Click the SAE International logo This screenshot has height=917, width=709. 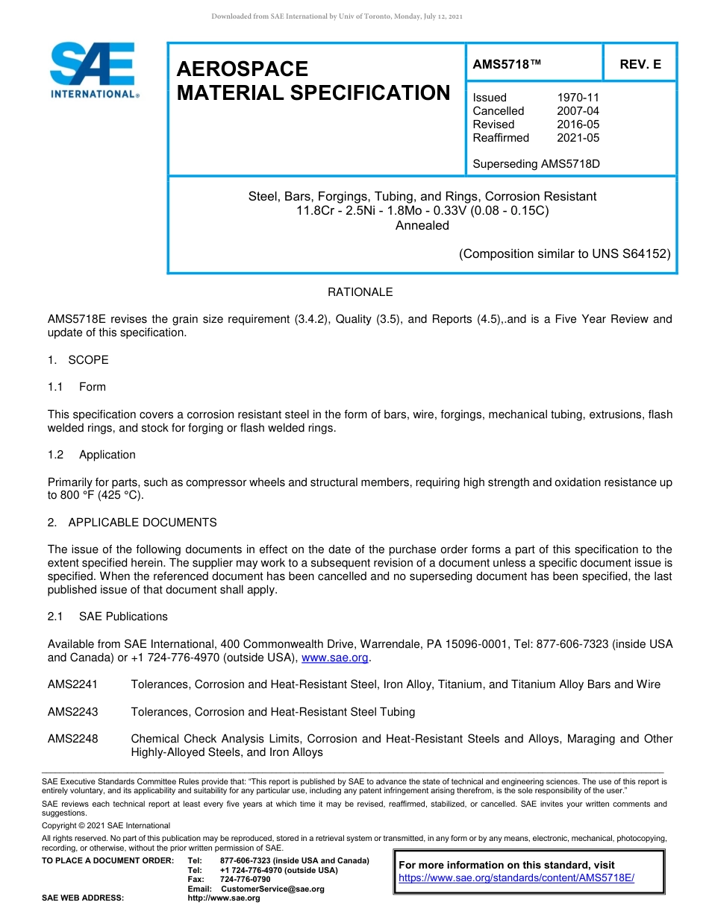[x=93, y=70]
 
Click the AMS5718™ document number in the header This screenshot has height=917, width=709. [x=507, y=65]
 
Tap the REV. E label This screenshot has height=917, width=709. [x=640, y=65]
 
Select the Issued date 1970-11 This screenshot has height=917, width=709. [x=578, y=98]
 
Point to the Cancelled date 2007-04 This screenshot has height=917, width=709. [x=578, y=111]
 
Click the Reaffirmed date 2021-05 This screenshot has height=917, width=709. [x=578, y=138]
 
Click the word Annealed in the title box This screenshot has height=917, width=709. [x=422, y=225]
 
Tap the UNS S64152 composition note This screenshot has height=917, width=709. [x=564, y=253]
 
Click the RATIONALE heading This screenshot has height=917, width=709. [x=360, y=292]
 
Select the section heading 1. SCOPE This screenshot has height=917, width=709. [x=78, y=360]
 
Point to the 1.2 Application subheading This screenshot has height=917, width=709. [x=92, y=455]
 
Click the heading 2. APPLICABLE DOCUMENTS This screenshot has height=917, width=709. [x=132, y=523]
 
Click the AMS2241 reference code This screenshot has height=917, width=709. [x=72, y=684]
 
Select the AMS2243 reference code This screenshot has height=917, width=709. [x=72, y=712]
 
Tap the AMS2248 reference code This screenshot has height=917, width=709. [x=72, y=739]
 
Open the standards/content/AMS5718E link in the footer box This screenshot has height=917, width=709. [x=516, y=878]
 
